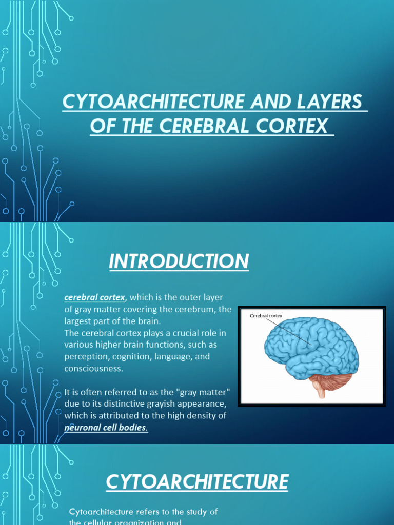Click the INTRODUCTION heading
179,262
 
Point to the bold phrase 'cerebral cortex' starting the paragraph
94,298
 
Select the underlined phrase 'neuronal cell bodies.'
106,428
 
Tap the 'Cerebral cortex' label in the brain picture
266,316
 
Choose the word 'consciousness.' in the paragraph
94,369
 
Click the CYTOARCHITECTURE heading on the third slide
197,482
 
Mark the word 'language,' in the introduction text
180,356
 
